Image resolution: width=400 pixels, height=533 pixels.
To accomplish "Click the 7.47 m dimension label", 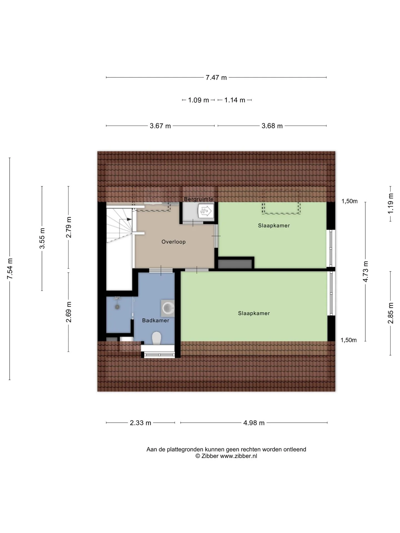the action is point(216,78).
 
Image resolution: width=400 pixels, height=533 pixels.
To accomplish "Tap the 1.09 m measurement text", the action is point(198,100).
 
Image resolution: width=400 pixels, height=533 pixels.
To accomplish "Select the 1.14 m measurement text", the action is point(235,100).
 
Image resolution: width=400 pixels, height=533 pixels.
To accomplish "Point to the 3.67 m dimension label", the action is point(160,126).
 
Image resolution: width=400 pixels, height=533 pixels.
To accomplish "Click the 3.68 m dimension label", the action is point(272,126).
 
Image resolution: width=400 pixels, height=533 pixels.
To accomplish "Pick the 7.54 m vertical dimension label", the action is point(10,269).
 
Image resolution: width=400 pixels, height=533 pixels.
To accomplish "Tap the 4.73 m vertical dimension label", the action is point(366,271).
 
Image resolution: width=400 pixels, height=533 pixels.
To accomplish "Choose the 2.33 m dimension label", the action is point(141,423).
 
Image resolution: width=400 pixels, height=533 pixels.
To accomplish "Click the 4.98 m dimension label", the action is point(254,423).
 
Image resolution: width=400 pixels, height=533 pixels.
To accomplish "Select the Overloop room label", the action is point(174,242).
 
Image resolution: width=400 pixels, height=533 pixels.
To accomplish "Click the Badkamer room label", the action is point(156,321).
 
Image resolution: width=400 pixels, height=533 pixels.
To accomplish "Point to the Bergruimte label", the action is point(199,199).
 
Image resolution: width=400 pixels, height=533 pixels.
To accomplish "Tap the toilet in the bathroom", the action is point(157,338).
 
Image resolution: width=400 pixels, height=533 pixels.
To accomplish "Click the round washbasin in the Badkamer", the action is point(168,308).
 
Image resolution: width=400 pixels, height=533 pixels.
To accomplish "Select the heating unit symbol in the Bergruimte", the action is point(206,211).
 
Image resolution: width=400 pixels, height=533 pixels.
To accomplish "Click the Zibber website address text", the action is point(239,456).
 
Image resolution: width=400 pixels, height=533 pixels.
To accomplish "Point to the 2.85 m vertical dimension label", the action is point(391,313).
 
